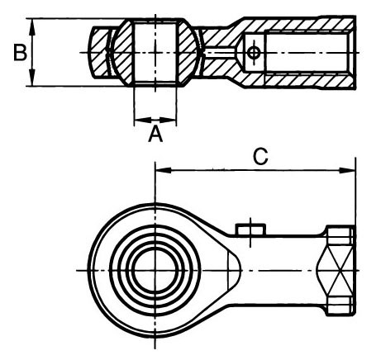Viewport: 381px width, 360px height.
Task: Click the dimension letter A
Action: tap(155, 134)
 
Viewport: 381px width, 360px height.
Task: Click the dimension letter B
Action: tap(21, 53)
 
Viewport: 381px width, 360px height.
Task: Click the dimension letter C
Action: tap(260, 156)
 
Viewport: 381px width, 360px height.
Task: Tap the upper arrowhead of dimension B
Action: tap(32, 26)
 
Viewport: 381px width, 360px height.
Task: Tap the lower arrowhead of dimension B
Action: tap(32, 78)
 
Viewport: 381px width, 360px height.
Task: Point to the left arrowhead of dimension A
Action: tap(143, 120)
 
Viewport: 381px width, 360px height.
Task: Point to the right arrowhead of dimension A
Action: tap(168, 120)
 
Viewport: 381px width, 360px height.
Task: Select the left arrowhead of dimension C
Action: tap(164, 170)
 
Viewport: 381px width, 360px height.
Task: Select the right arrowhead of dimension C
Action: tap(347, 170)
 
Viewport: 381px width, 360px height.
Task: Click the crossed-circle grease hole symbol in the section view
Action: tap(253, 52)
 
